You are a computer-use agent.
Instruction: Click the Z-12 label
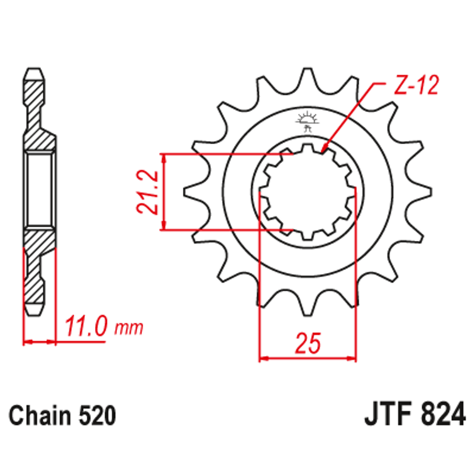[415, 86]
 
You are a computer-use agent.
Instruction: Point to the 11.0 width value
[86, 327]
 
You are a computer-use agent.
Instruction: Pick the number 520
[95, 416]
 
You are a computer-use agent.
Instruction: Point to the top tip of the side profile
[36, 67]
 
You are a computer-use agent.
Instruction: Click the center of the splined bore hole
[308, 191]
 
